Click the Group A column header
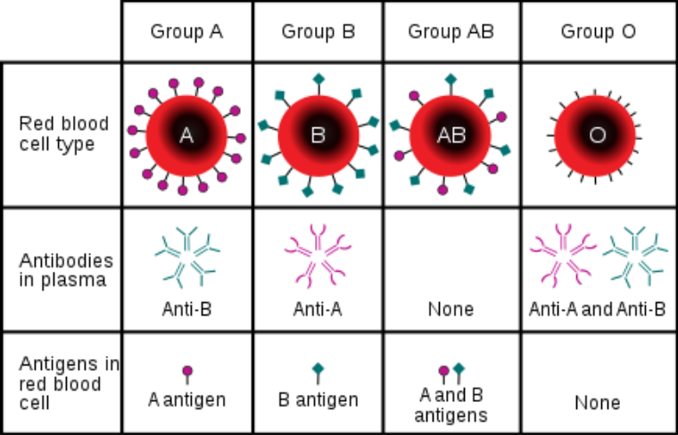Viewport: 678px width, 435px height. [186, 32]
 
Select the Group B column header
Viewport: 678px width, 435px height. [318, 32]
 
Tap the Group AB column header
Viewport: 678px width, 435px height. [451, 32]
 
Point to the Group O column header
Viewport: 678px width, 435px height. [599, 32]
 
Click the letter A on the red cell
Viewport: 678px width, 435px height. [186, 135]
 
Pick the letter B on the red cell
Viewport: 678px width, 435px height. [318, 136]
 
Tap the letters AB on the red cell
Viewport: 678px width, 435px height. [451, 136]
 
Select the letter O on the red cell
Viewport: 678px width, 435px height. [598, 136]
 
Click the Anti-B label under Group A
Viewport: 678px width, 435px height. [186, 309]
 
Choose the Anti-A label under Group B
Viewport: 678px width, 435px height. [318, 309]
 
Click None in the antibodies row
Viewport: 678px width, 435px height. [451, 309]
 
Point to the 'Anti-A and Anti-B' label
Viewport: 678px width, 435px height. [598, 309]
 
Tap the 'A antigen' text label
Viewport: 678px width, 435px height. [186, 399]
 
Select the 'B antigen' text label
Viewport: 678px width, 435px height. [318, 399]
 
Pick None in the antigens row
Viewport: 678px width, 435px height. [598, 403]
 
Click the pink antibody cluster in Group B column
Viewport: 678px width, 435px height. [318, 254]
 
